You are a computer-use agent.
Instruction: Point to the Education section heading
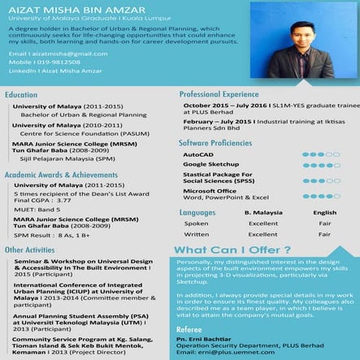[22, 95]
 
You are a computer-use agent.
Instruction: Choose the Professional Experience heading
[219, 94]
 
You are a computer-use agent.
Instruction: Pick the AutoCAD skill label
[199, 154]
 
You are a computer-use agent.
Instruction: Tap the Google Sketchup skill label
[210, 164]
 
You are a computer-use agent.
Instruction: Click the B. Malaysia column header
[263, 212]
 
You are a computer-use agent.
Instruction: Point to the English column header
[324, 212]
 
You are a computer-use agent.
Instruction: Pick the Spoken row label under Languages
[196, 223]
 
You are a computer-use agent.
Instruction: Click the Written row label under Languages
[197, 234]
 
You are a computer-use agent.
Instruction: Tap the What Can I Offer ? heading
[221, 249]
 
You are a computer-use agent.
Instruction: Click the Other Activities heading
[30, 249]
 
